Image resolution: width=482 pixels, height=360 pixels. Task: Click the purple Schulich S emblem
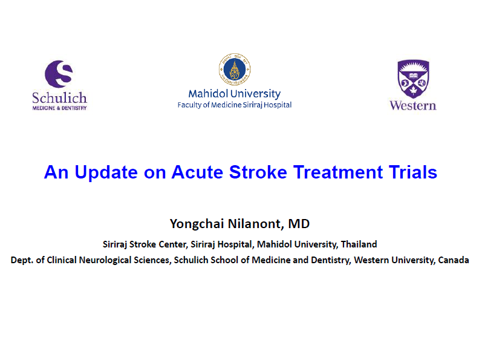(x=59, y=74)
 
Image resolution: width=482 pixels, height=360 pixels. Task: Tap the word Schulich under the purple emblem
(x=60, y=98)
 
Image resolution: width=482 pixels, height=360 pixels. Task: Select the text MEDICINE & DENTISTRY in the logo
(x=60, y=108)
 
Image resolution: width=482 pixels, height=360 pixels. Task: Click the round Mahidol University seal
(x=235, y=69)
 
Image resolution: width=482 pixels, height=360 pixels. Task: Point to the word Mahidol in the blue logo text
(x=209, y=93)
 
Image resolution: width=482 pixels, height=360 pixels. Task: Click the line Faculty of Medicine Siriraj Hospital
(x=235, y=105)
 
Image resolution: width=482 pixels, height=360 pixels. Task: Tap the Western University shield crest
(x=413, y=79)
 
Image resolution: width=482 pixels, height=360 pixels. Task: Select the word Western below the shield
(x=413, y=105)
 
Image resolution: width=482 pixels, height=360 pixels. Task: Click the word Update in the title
(x=106, y=172)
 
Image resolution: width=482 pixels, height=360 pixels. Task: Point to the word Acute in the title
(x=197, y=172)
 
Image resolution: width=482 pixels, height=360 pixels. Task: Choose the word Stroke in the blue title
(x=258, y=172)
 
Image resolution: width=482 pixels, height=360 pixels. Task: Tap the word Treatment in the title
(x=338, y=172)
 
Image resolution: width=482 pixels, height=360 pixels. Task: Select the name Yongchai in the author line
(x=197, y=224)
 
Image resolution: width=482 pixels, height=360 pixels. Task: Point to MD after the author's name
(x=299, y=223)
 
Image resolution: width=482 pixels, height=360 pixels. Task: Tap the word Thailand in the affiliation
(x=359, y=244)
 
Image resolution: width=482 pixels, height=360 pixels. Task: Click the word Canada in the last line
(x=454, y=260)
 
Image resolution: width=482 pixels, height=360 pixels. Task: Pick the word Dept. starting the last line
(x=22, y=260)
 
